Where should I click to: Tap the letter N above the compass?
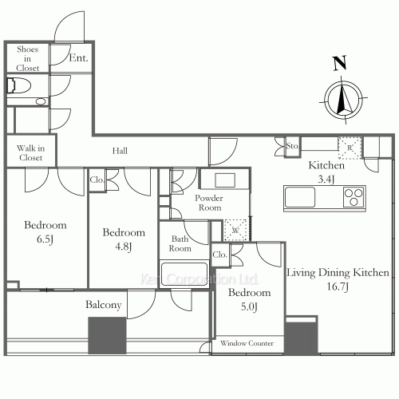coord(340,63)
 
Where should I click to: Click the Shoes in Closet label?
coord(28,58)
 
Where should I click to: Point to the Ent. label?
coord(78,57)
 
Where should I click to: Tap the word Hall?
coord(120,151)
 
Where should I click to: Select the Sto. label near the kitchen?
coord(291,147)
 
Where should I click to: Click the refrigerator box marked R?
coord(349,148)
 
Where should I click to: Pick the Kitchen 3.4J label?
coord(326,172)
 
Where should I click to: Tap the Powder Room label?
coord(208,203)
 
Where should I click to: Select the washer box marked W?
coord(235,228)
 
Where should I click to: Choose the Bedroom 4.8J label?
coord(124,238)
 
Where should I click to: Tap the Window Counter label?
coord(247,344)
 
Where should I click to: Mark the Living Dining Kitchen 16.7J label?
coord(338,279)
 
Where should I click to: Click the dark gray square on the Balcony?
coord(107,336)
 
